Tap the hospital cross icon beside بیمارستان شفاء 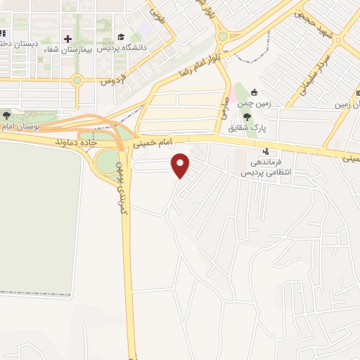tap(67, 39)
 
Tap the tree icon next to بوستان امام tap(7, 115)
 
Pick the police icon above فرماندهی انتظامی tap(266, 150)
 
